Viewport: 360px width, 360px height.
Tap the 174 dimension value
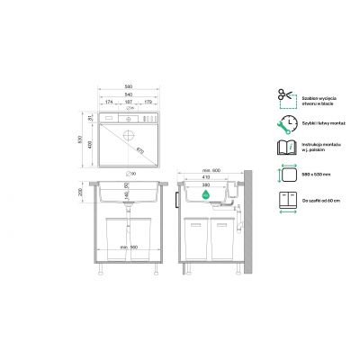coord(110,103)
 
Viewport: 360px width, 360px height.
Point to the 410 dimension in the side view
coord(208,179)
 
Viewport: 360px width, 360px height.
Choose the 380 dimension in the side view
coord(208,186)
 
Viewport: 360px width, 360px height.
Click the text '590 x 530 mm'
coord(314,172)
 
